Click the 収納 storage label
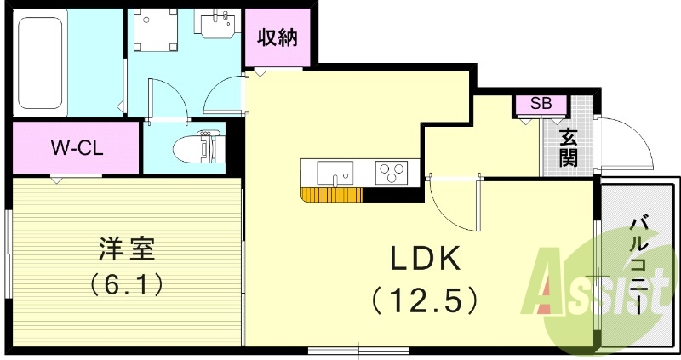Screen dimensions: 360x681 (x=278, y=38)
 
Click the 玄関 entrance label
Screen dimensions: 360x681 (x=568, y=146)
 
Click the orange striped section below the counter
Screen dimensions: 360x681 (x=332, y=195)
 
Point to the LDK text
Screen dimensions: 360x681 (x=425, y=256)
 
